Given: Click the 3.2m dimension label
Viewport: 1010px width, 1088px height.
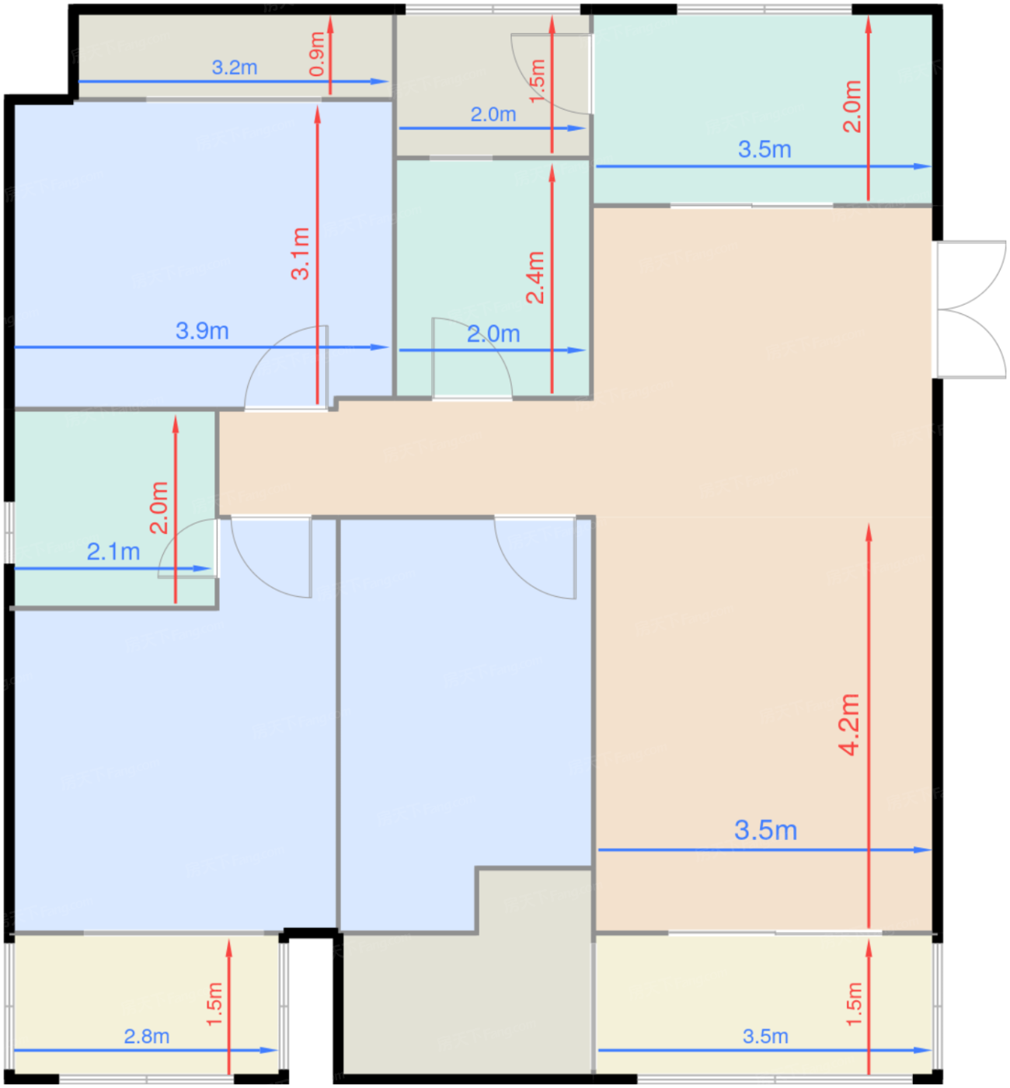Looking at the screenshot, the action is (235, 68).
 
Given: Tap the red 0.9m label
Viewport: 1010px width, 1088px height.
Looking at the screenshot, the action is (317, 54).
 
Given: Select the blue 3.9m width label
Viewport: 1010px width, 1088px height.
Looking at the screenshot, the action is (202, 331).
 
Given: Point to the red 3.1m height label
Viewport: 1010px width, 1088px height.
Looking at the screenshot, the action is (300, 253).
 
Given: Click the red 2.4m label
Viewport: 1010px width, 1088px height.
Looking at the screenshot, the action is (535, 277).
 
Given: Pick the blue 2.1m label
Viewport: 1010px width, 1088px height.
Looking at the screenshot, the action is (113, 552).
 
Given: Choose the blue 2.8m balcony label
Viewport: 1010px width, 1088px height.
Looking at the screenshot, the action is (147, 1037).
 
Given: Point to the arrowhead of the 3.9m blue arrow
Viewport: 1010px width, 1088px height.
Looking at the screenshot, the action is (380, 347).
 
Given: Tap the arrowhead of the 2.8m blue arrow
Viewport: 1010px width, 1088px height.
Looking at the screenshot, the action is (269, 1050).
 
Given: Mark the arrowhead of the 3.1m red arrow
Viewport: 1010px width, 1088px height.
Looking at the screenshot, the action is (317, 115).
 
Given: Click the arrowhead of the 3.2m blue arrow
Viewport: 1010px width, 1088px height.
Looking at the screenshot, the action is (380, 81).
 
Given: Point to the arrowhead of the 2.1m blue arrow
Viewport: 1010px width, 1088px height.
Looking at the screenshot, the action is (203, 568).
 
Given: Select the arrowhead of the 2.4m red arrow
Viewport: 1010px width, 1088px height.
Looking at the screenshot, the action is (552, 173).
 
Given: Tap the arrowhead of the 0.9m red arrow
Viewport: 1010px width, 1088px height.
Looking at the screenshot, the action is (330, 25).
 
